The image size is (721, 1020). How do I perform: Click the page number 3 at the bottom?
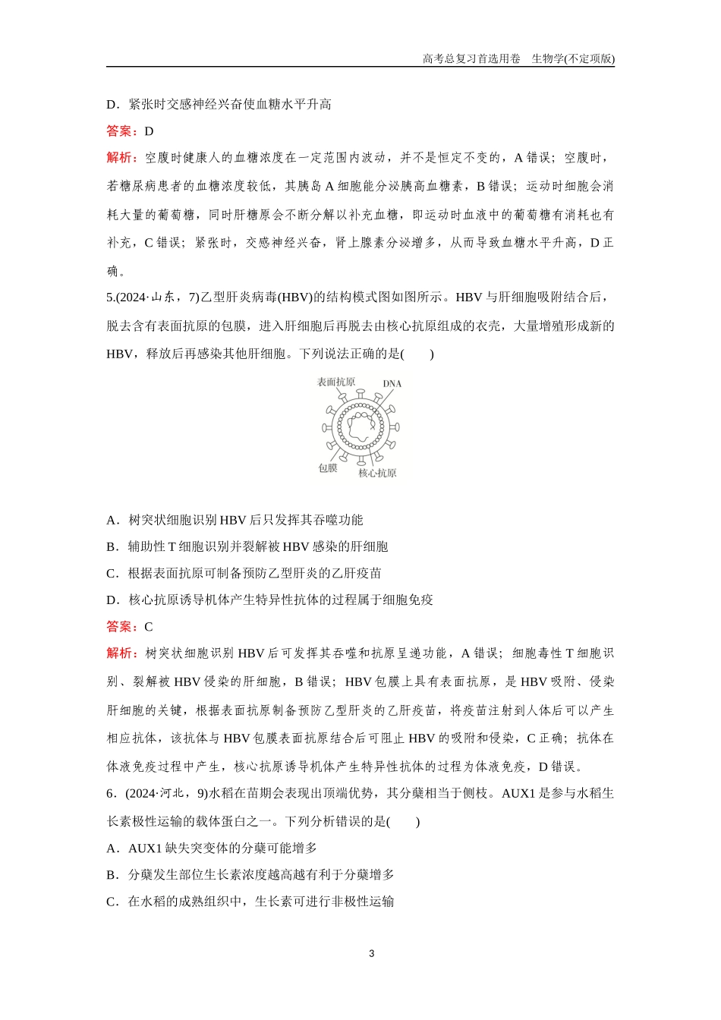(x=371, y=954)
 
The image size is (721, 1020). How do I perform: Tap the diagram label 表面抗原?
(x=335, y=382)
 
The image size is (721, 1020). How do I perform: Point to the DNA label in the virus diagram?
(x=392, y=384)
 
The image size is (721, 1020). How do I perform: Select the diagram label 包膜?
(x=327, y=468)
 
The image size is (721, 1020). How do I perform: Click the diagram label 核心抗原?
(x=377, y=474)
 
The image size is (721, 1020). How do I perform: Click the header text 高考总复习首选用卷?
(x=471, y=58)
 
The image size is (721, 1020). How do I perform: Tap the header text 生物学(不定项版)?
(x=573, y=58)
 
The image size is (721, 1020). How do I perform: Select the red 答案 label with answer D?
(x=121, y=131)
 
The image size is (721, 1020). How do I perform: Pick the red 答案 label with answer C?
(x=121, y=627)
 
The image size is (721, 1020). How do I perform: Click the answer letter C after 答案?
(x=149, y=627)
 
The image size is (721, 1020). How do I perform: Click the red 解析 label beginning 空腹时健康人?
(x=121, y=158)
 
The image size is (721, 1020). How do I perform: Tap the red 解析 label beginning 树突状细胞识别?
(x=121, y=653)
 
